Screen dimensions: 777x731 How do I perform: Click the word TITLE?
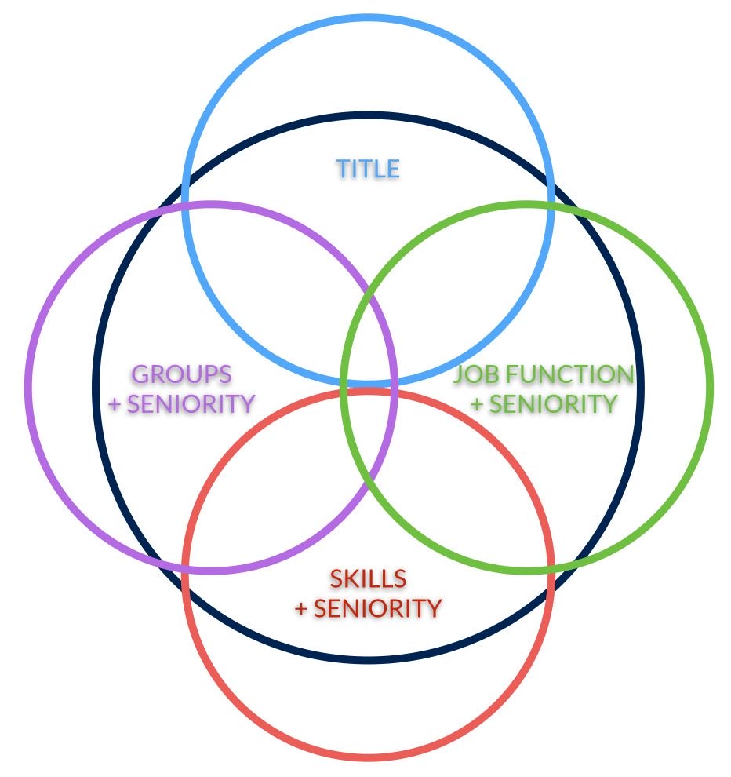368,169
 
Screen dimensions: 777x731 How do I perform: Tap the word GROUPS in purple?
182,374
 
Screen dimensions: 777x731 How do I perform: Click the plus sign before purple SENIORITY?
115,404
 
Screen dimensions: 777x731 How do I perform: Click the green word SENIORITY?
558,403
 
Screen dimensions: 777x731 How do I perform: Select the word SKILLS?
368,579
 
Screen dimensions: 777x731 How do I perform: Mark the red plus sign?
300,608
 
